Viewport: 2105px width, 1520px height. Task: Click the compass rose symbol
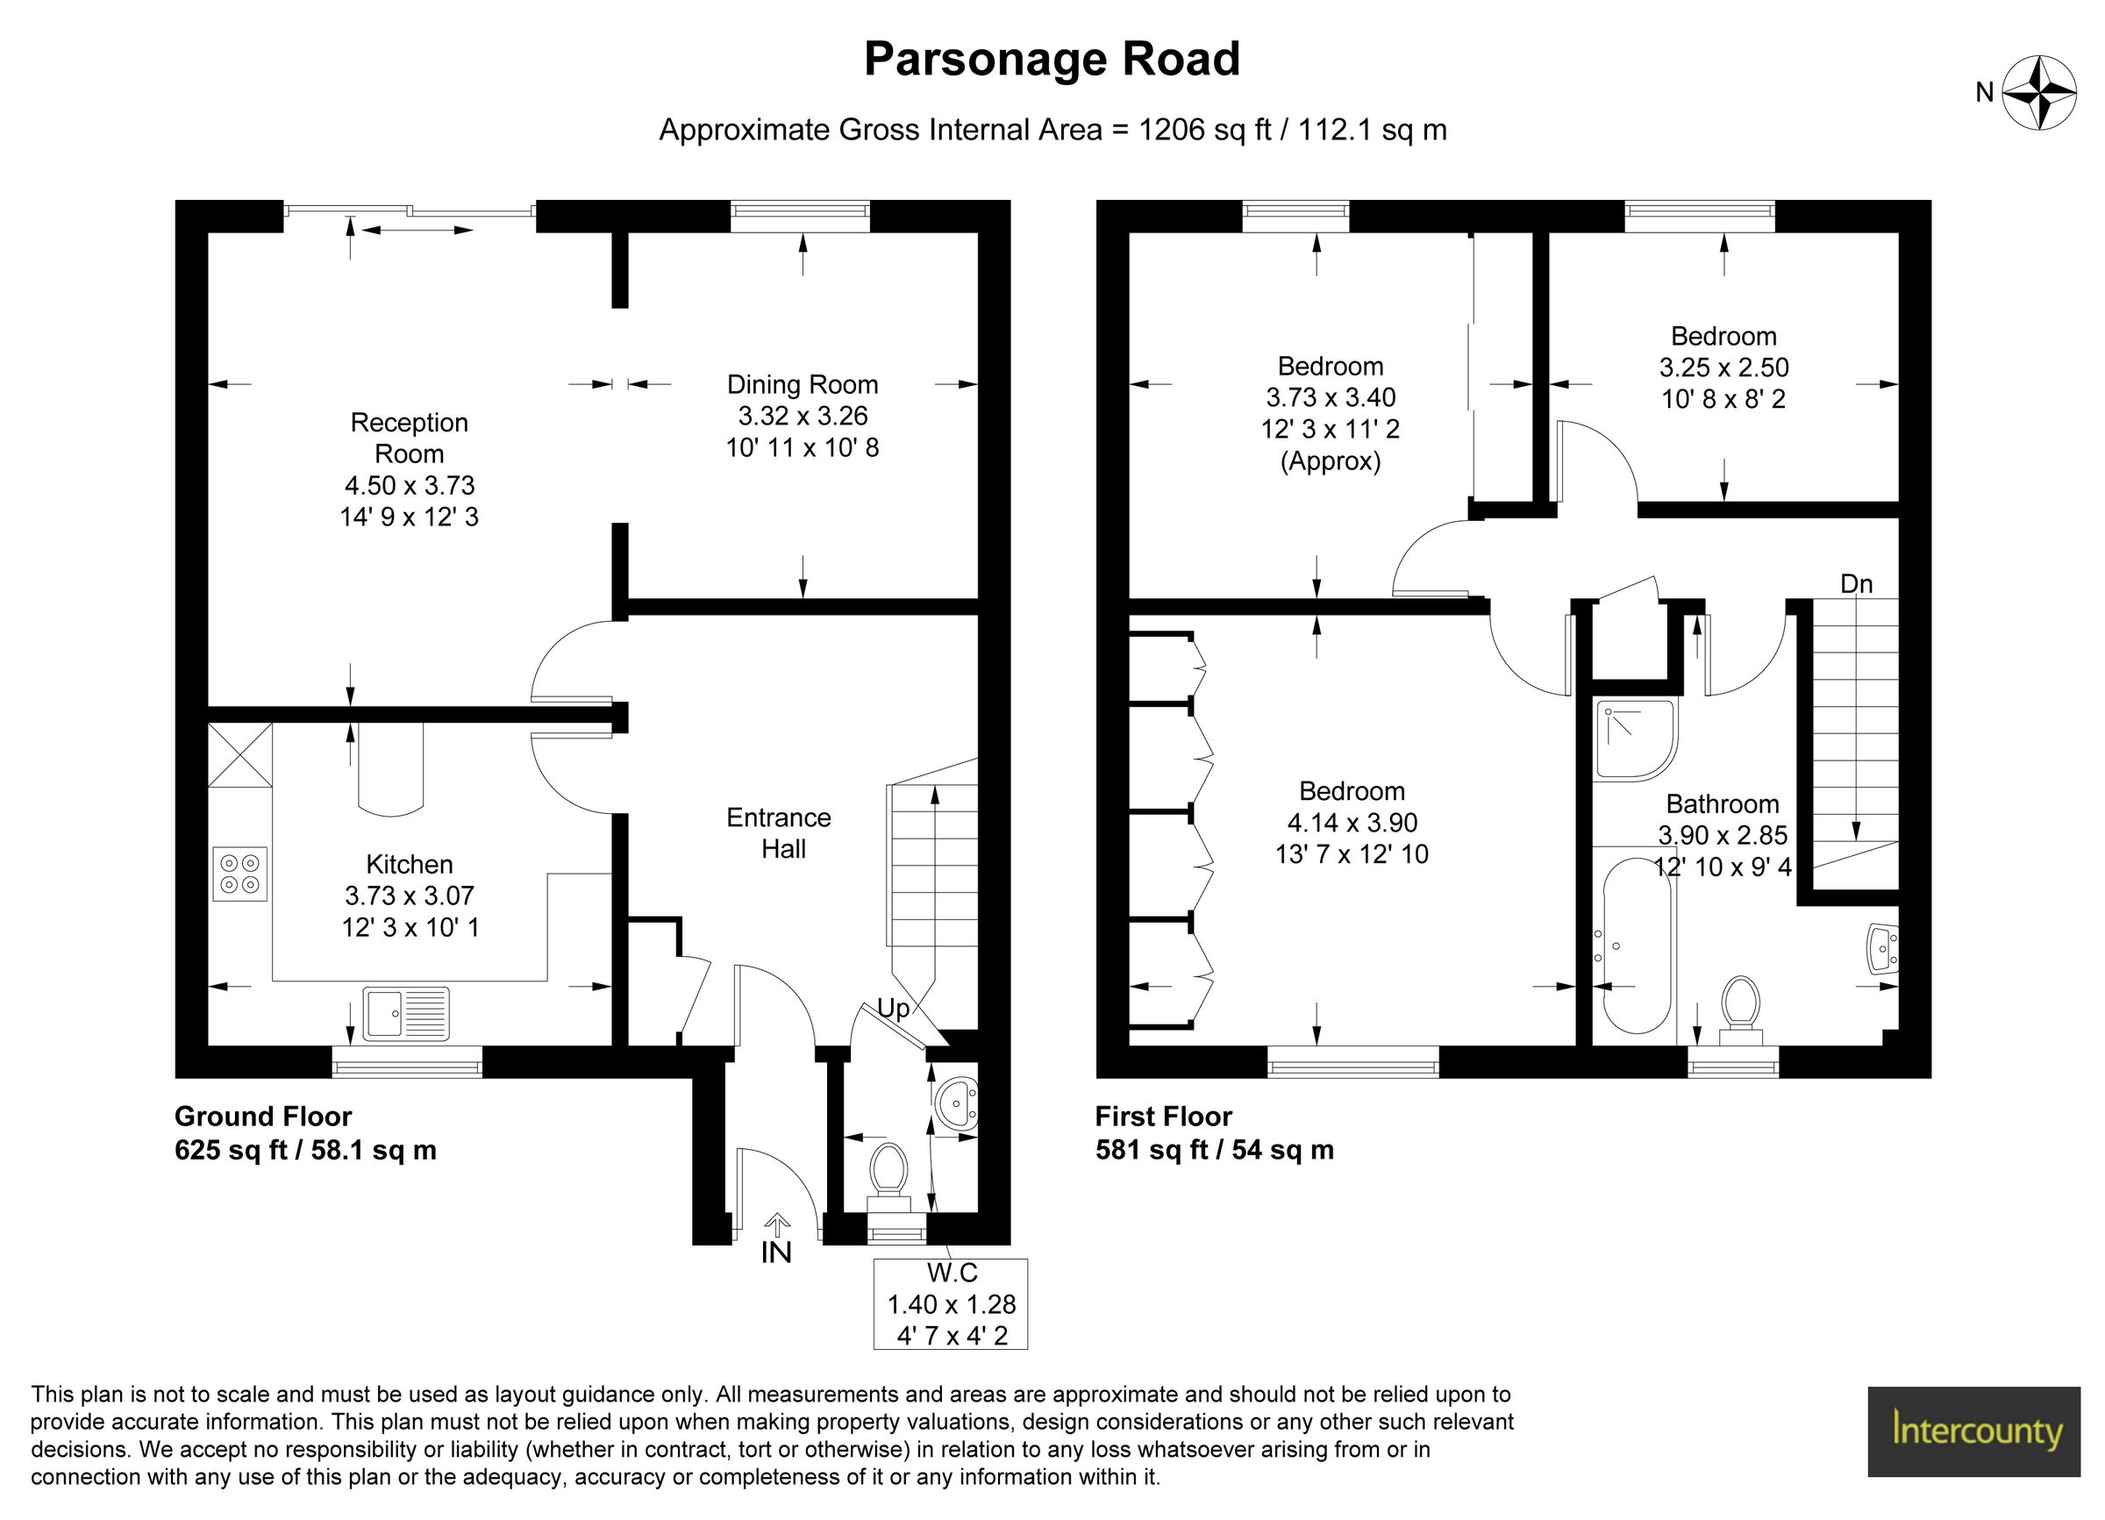(x=2038, y=93)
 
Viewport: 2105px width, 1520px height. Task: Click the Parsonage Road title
(x=1052, y=60)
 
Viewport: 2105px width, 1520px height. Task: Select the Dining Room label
(x=802, y=384)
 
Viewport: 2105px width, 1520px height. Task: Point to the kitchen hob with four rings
(x=239, y=874)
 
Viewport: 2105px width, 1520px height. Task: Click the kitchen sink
(x=406, y=1012)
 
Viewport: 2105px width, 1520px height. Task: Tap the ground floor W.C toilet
(x=888, y=1172)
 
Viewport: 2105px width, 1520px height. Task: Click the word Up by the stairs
(x=893, y=1009)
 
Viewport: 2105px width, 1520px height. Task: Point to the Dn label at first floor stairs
(x=1856, y=583)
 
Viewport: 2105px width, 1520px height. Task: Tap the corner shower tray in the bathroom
(x=1634, y=739)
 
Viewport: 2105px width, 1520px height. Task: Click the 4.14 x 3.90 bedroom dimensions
(x=1352, y=822)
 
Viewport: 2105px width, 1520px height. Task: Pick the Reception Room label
(x=410, y=438)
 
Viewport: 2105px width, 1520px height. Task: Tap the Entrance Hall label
(x=779, y=832)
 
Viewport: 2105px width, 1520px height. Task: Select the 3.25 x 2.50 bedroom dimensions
(x=1723, y=368)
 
